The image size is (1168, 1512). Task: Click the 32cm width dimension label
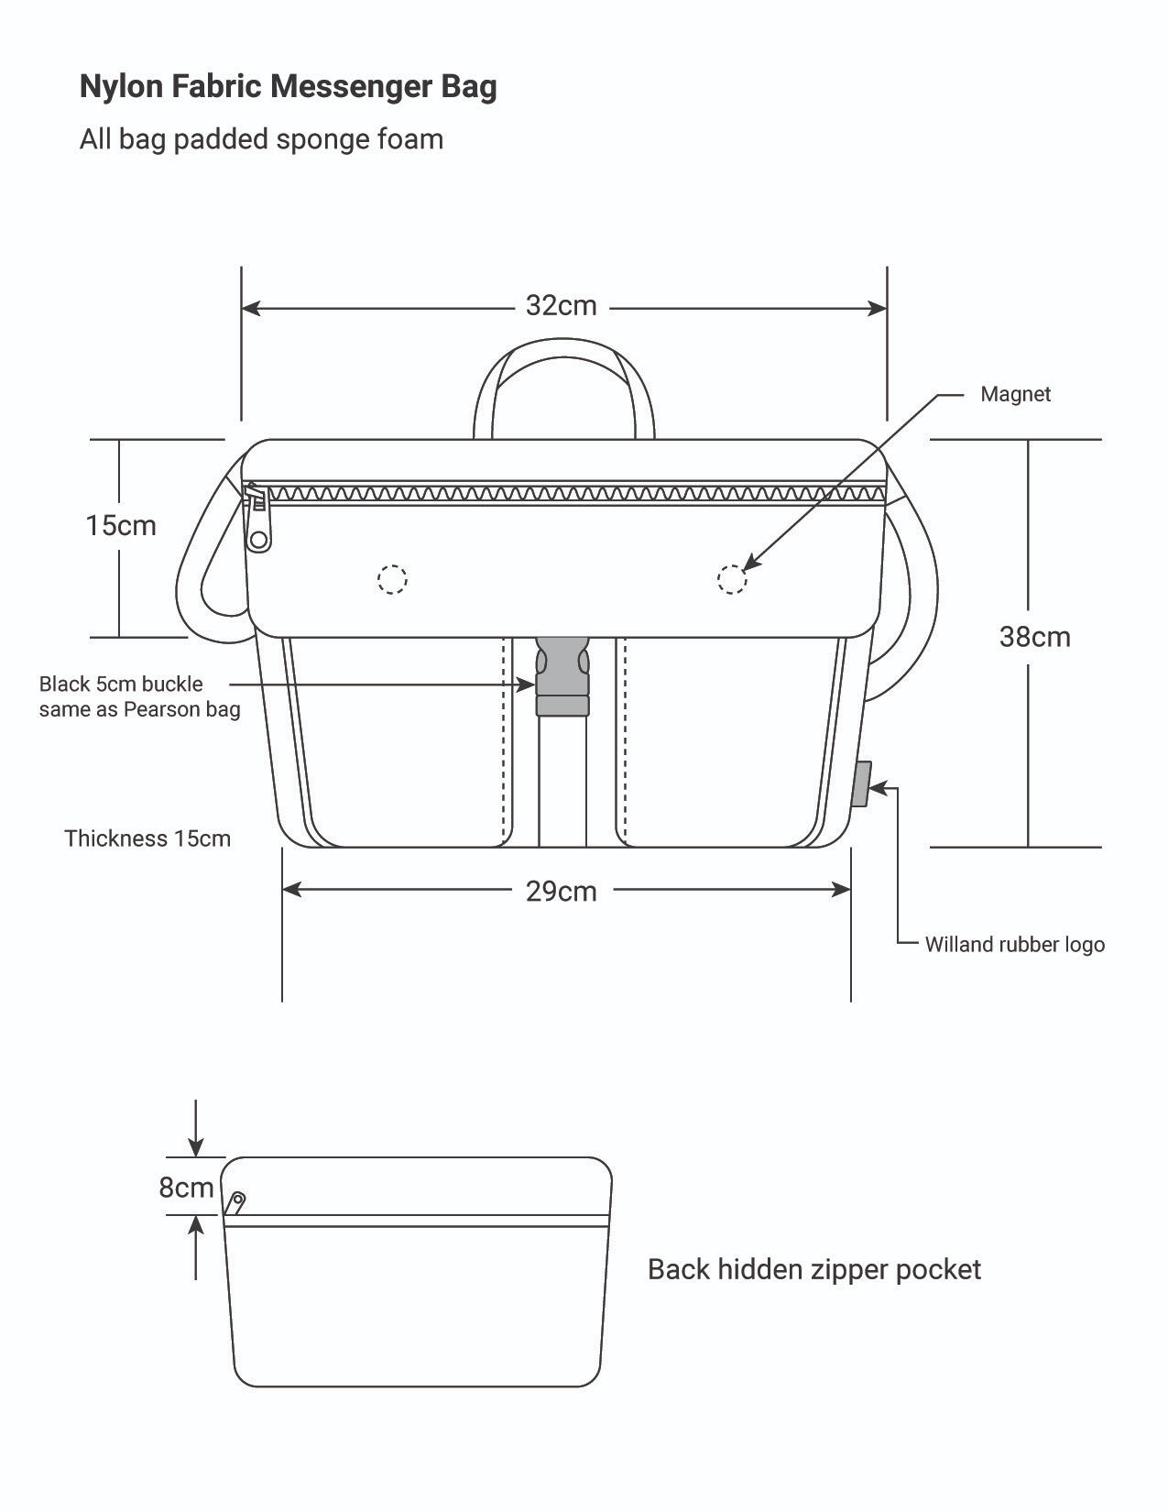(561, 305)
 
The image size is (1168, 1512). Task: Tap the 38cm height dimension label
(1034, 637)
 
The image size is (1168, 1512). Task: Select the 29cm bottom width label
(561, 892)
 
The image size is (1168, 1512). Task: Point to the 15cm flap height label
(121, 525)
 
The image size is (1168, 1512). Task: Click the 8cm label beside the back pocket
(186, 1187)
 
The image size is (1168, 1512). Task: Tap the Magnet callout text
(1015, 394)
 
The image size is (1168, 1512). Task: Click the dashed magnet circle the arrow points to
(732, 579)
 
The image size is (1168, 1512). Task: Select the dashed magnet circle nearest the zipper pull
(392, 579)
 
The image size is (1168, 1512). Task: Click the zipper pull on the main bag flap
(257, 520)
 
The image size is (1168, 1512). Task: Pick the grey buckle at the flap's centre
(562, 676)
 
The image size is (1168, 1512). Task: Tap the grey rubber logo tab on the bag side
(861, 784)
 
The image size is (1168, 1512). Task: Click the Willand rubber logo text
(1014, 944)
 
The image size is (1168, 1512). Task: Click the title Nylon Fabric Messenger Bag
(288, 87)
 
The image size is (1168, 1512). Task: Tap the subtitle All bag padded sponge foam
(261, 139)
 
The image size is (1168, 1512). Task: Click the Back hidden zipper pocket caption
(813, 1270)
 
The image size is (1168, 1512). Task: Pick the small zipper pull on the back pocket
(236, 1203)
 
